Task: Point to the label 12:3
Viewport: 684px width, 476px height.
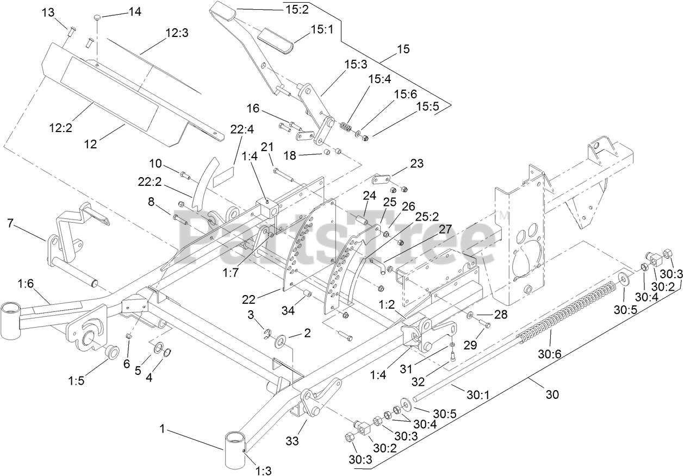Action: [x=177, y=34]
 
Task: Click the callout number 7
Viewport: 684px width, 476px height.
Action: [x=10, y=223]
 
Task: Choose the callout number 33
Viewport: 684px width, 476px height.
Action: [x=293, y=441]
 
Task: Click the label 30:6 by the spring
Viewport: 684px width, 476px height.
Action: [x=550, y=354]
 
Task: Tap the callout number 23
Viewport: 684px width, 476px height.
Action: [x=416, y=164]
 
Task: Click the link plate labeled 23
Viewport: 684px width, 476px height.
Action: [x=383, y=179]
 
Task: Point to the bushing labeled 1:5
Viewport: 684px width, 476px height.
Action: [x=111, y=352]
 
